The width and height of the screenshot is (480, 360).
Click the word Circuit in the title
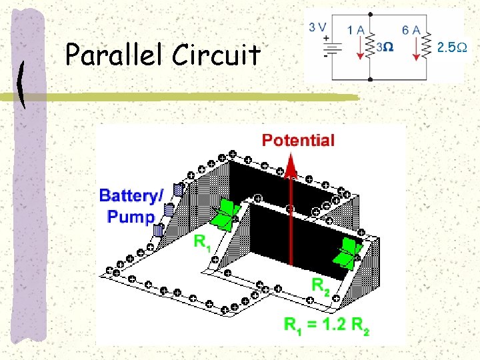(x=215, y=55)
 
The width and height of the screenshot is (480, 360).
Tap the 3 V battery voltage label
(x=317, y=27)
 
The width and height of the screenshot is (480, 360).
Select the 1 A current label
(x=356, y=29)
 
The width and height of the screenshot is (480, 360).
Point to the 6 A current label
(x=411, y=29)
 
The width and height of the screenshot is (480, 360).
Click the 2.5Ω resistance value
(x=451, y=47)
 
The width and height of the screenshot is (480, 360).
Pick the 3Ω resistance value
(x=384, y=48)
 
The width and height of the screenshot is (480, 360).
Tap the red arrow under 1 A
(x=361, y=48)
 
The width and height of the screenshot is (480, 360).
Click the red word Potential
(x=298, y=140)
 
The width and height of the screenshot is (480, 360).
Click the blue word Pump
(x=131, y=216)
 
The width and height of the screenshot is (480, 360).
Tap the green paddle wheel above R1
(x=225, y=215)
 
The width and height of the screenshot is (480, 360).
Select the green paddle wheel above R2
(x=348, y=252)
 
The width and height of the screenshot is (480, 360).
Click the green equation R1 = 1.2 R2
(x=327, y=325)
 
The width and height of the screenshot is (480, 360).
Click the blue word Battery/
(x=131, y=196)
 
